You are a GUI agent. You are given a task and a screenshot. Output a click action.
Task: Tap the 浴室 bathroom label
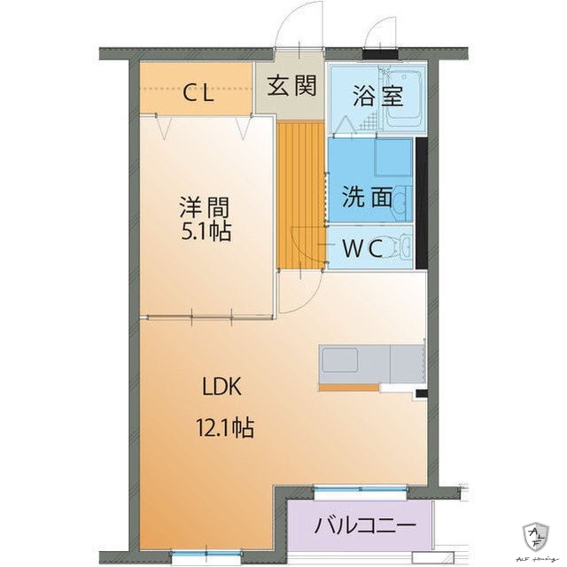click(x=380, y=96)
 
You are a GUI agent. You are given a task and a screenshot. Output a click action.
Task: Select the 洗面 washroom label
click(x=367, y=197)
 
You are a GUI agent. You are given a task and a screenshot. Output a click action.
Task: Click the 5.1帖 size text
click(x=205, y=234)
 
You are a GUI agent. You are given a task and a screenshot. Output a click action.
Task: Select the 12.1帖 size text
click(x=225, y=430)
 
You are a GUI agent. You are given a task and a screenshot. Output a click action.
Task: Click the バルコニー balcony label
click(x=365, y=525)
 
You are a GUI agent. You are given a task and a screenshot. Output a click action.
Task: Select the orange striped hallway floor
click(x=300, y=195)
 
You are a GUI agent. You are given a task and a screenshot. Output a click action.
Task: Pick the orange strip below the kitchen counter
click(x=347, y=387)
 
